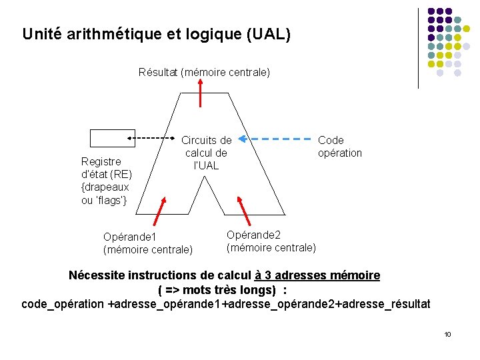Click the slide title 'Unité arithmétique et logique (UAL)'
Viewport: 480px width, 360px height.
(x=156, y=34)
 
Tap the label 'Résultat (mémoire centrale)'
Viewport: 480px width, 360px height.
(x=204, y=72)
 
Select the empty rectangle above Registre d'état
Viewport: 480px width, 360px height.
(x=109, y=138)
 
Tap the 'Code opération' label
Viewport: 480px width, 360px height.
(x=339, y=147)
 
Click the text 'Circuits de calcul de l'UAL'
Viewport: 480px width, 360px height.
(x=207, y=153)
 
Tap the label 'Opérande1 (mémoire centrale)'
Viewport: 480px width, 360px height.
(x=147, y=243)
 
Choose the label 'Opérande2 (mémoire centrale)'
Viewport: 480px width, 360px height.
(x=271, y=241)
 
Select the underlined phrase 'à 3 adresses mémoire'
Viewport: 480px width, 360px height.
(x=317, y=275)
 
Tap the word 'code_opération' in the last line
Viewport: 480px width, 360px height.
(x=63, y=305)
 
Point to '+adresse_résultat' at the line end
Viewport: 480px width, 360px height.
(x=385, y=305)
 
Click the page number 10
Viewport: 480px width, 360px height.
(x=447, y=334)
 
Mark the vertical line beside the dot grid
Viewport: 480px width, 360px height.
(x=418, y=48)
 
